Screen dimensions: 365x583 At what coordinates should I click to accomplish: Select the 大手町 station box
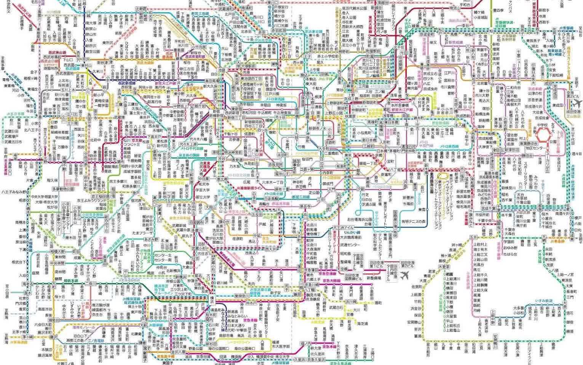point(323,148)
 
